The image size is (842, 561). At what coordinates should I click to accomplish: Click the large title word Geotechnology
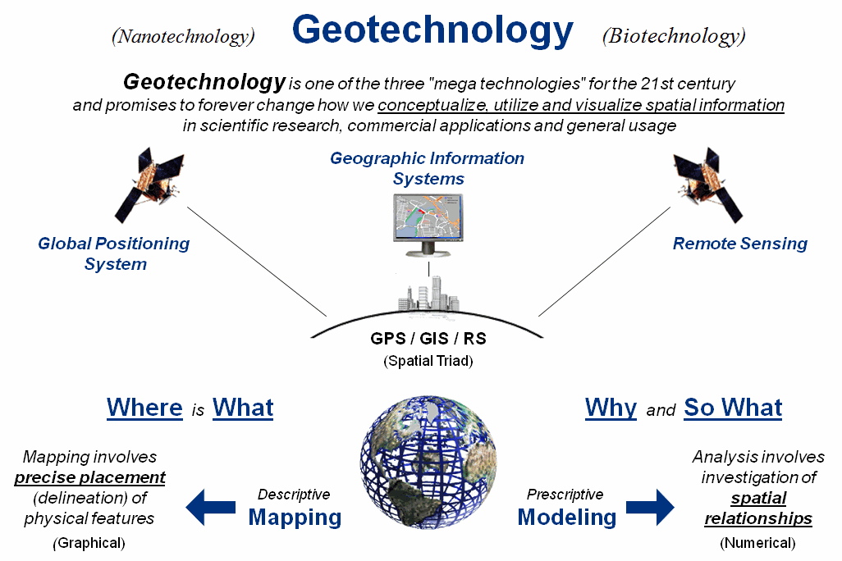pos(432,31)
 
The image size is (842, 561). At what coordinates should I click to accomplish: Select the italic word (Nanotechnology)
pos(183,36)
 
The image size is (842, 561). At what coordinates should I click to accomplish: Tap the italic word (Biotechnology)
pos(674,36)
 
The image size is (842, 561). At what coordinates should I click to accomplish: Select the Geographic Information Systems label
pos(427,168)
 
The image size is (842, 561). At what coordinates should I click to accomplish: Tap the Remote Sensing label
pos(739,244)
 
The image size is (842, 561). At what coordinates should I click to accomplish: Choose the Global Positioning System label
pos(114,253)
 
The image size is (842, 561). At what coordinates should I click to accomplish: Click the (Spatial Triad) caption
pos(428,361)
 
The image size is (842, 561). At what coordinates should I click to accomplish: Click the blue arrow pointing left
pos(210,507)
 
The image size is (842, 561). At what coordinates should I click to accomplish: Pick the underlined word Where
pos(144,408)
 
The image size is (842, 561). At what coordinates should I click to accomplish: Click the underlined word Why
pos(611,408)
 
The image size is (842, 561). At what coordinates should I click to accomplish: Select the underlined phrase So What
pos(733,408)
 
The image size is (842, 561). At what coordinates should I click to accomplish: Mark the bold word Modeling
pos(567,518)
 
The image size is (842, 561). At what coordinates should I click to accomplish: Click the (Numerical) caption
pos(757,542)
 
